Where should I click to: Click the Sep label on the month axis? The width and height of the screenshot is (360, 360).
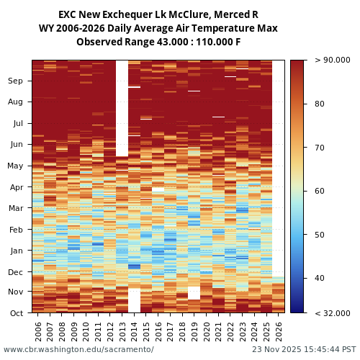(15, 81)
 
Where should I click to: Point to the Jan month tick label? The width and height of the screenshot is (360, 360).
(15, 251)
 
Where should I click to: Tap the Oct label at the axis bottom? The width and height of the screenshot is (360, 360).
(15, 313)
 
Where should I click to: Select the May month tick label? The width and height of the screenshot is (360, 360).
(15, 166)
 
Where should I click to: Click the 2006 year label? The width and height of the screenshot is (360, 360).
(38, 330)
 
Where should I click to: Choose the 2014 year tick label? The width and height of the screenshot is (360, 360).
(134, 330)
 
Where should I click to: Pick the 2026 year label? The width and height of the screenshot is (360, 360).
(279, 330)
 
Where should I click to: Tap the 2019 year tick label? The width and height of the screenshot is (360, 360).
(194, 330)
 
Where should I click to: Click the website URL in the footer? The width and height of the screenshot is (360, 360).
(78, 350)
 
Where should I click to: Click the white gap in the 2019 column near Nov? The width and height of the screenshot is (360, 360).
(194, 293)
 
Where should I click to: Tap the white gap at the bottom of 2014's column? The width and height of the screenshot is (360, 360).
(134, 300)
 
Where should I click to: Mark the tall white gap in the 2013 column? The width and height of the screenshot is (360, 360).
(122, 108)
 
